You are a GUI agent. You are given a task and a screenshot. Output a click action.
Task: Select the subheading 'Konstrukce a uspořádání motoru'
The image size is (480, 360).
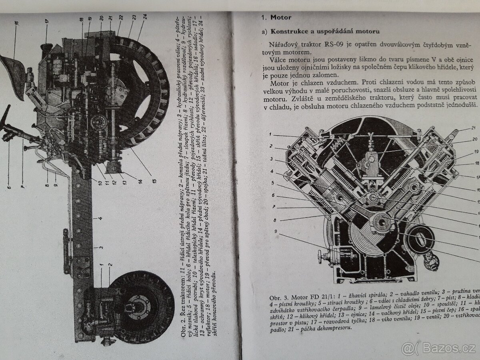pos(325,31)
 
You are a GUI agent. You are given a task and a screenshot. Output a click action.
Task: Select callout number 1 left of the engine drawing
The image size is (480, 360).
pos(270,135)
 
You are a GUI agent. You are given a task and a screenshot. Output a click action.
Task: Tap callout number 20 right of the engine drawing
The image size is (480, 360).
pos(475,140)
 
